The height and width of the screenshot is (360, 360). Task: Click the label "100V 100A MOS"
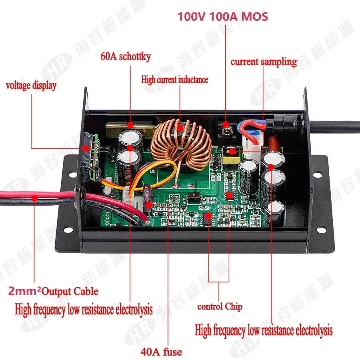tap(223, 16)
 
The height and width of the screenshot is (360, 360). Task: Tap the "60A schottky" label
tap(126, 56)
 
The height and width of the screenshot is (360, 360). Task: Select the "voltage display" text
tap(31, 85)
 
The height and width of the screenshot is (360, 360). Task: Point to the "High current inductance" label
tap(174, 79)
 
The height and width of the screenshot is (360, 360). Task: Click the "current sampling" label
tap(263, 62)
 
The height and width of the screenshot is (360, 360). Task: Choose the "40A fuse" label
tap(161, 352)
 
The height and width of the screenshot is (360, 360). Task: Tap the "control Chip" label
tap(220, 307)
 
